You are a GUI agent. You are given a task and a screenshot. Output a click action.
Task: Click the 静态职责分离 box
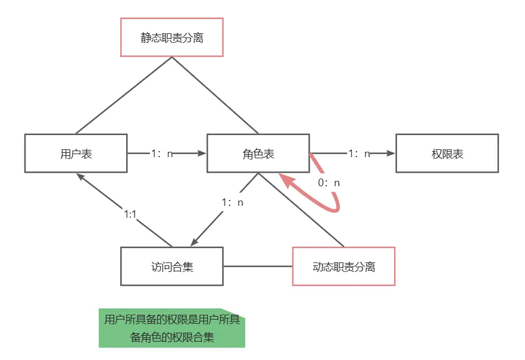point(172,37)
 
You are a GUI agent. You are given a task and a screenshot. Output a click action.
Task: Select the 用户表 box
point(76,154)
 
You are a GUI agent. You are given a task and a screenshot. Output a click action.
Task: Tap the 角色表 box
point(258,154)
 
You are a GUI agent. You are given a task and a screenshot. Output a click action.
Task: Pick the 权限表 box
point(447,154)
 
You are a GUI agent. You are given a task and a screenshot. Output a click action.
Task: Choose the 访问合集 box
point(172,266)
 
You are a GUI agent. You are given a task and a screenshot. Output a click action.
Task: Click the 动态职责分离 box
point(344,266)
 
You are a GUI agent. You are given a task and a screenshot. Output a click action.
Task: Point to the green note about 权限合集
point(172,328)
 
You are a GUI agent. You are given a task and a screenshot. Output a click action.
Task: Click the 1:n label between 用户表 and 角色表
point(162,154)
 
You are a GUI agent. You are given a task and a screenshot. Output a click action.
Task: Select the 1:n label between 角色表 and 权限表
point(359,154)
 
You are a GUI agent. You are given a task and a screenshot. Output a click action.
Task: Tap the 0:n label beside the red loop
point(329,183)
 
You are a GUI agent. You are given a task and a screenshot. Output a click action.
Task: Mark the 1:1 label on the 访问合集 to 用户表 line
point(130,214)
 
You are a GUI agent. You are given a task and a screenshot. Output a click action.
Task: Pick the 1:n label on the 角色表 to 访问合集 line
point(233,202)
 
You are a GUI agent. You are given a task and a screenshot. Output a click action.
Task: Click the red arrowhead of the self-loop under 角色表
point(286,180)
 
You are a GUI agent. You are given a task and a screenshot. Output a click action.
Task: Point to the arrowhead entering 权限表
point(390,154)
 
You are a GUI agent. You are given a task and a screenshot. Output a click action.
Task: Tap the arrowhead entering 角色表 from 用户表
point(201,154)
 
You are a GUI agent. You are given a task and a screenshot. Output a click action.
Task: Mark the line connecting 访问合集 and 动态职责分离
point(258,266)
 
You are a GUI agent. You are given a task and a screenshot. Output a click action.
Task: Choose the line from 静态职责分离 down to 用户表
point(124,95)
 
